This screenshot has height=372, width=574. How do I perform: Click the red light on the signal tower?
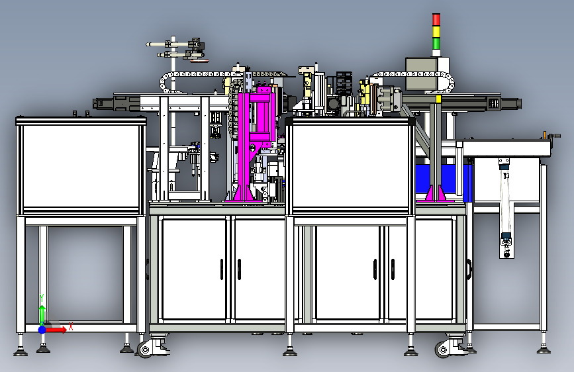tap(436, 20)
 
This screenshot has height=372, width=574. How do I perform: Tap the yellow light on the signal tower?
tap(436, 32)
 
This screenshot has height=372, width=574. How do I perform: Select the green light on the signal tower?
tap(436, 43)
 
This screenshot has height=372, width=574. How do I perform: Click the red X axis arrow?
tap(56, 330)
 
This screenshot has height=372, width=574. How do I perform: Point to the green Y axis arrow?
tap(42, 314)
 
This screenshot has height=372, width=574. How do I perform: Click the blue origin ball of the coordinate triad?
tap(42, 330)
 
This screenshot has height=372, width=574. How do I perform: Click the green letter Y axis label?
tap(42, 298)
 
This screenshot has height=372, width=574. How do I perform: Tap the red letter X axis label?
tap(71, 326)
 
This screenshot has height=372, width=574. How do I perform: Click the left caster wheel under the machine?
tap(146, 349)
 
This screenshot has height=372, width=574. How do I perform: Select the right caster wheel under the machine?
tap(443, 349)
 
